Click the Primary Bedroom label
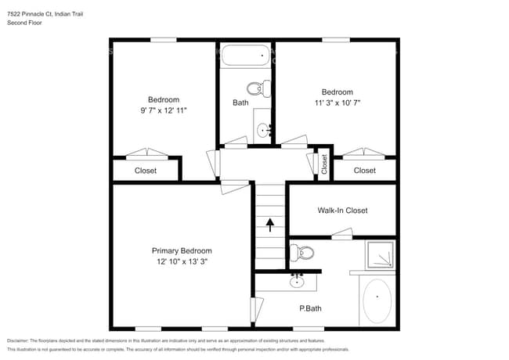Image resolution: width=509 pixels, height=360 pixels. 181,250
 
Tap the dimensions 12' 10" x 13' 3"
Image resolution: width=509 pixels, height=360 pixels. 181,261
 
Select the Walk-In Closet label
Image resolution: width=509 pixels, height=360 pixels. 342,211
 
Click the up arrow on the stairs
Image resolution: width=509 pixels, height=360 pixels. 270,225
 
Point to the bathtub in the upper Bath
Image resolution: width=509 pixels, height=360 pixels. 245,56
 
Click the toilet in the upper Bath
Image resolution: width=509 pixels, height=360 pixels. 258,88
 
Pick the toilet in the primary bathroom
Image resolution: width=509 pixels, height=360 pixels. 301,253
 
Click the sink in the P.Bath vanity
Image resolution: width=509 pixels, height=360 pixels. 298,279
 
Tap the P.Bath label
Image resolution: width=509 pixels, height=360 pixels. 310,308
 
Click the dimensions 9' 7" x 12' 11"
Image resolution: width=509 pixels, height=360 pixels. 164,110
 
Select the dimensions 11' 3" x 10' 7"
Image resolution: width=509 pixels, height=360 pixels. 337,103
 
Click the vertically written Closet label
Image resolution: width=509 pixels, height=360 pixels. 324,164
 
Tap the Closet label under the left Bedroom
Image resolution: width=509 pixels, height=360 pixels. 146,171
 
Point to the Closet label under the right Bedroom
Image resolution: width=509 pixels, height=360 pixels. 364,171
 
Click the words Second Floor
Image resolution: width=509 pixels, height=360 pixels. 24,23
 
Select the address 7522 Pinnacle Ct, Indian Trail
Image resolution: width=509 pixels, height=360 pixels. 46,13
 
